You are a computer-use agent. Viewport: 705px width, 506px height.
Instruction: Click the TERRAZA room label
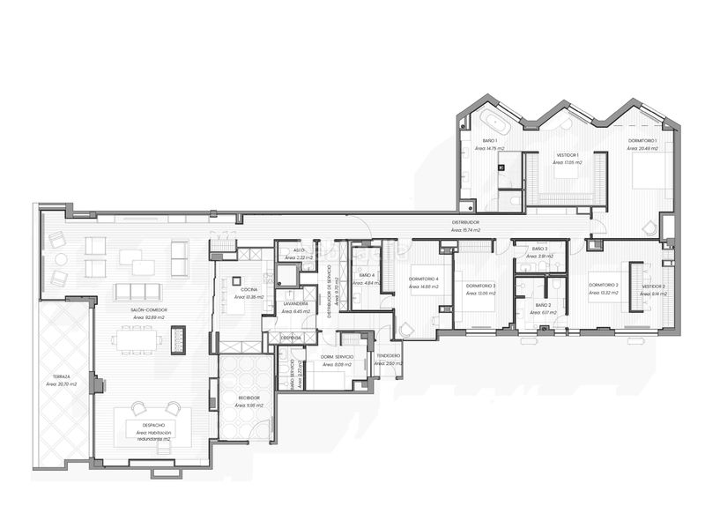click(x=62, y=376)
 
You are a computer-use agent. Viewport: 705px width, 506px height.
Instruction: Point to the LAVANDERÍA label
click(x=295, y=303)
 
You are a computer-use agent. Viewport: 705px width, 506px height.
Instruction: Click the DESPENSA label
click(x=292, y=338)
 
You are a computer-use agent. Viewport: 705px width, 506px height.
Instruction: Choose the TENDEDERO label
click(x=388, y=355)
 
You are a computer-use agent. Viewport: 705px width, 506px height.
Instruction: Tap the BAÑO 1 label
click(x=489, y=141)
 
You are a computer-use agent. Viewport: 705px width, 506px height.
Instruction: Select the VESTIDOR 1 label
click(x=554, y=155)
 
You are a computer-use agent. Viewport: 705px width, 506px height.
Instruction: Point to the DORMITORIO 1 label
click(x=642, y=141)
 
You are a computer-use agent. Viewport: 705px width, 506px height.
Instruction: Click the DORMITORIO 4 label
click(x=424, y=279)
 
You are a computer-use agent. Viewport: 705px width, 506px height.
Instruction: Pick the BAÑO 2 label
click(x=543, y=304)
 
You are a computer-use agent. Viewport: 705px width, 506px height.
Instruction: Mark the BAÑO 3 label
click(x=540, y=249)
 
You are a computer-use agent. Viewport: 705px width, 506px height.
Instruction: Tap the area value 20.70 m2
click(x=63, y=384)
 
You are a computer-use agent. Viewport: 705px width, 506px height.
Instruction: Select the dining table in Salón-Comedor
click(x=136, y=338)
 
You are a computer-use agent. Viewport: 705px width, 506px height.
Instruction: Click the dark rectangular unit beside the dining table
click(x=179, y=338)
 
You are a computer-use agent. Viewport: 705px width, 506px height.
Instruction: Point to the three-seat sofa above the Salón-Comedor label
click(x=135, y=292)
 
